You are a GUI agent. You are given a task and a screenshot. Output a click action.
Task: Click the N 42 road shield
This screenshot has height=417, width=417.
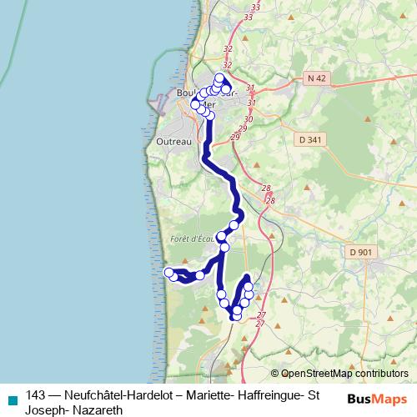314,78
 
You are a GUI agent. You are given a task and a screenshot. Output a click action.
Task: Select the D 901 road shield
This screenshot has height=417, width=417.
360,252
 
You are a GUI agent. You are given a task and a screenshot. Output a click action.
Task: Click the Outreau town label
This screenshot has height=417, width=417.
173,143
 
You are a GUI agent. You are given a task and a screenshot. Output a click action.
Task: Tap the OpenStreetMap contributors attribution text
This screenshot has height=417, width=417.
344,374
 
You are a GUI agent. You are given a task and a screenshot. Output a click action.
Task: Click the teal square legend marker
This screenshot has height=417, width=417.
11,397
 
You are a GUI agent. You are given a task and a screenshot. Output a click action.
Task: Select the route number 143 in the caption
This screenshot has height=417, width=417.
36,396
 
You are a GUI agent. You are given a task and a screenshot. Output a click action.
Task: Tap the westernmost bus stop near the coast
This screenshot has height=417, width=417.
168,273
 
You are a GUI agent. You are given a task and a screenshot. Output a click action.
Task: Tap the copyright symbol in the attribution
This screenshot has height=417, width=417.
275,374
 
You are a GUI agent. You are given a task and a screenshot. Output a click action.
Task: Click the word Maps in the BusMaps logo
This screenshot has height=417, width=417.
391,399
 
